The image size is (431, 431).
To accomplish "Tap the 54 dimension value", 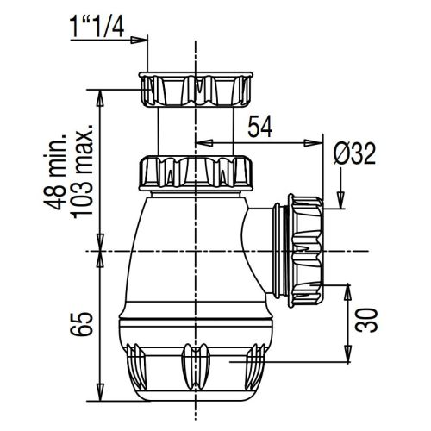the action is click(260, 127).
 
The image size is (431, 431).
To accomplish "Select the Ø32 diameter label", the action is click(355, 153).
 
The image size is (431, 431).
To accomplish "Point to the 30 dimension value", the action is click(366, 321).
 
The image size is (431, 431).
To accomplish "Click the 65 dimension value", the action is click(82, 324).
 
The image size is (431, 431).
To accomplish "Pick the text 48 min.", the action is click(54, 172).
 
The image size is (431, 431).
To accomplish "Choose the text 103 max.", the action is click(83, 172).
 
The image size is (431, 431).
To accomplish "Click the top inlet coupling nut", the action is click(196, 90).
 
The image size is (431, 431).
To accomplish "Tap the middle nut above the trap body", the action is click(196, 173).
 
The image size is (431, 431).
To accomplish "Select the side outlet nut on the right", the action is click(307, 249).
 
